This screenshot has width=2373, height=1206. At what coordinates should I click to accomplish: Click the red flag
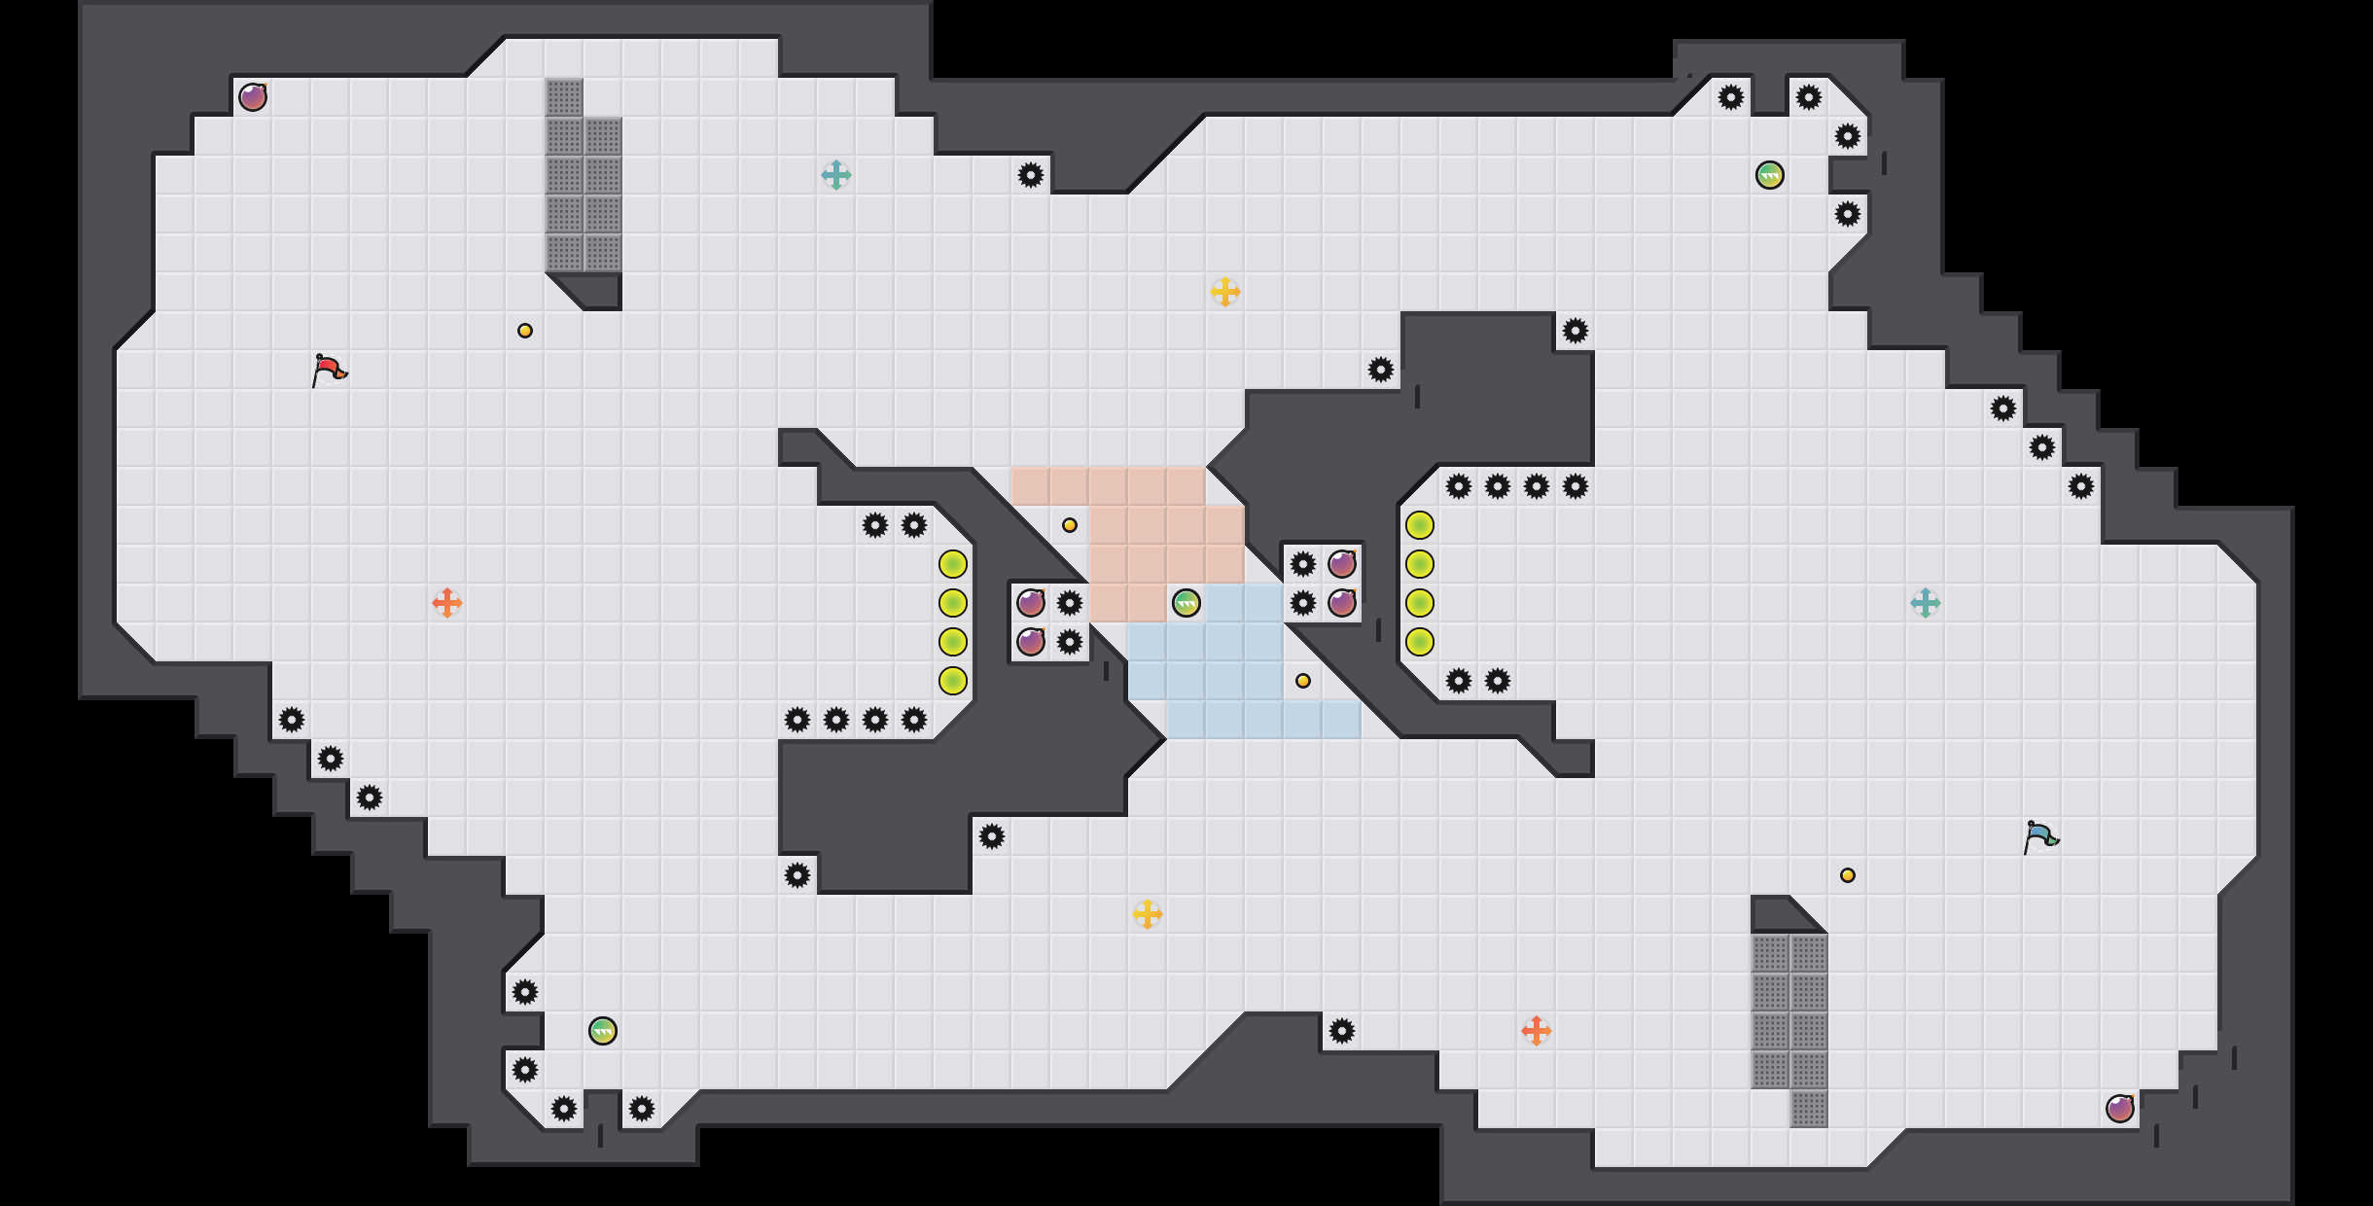(x=329, y=370)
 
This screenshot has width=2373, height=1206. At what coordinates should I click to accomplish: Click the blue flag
(x=2040, y=836)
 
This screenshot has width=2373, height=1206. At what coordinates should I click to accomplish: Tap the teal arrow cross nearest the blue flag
(x=1926, y=603)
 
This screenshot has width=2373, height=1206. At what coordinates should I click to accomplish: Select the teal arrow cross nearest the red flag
(x=836, y=175)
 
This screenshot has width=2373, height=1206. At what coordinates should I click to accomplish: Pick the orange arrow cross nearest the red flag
(x=447, y=603)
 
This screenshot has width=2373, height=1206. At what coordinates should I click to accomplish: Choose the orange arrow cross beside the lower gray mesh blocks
(x=1537, y=1031)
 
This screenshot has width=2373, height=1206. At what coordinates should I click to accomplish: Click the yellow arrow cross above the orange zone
(x=1225, y=292)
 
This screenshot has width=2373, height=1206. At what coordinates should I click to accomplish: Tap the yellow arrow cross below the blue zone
(x=1148, y=914)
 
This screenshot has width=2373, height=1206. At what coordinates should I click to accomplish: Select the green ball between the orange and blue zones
(x=1186, y=603)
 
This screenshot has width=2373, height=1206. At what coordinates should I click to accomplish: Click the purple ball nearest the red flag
(x=253, y=97)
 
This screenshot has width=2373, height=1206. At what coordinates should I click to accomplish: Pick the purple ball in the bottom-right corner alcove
(x=2120, y=1109)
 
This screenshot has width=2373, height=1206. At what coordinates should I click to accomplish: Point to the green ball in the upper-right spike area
(x=1770, y=175)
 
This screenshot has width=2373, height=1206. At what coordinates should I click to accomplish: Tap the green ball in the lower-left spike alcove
(x=603, y=1031)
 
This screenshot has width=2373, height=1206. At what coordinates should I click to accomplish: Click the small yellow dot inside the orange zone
(x=1070, y=525)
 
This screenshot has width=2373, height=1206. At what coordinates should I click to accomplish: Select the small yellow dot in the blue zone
(x=1303, y=681)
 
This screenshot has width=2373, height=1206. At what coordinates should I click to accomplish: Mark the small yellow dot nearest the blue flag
(x=1848, y=875)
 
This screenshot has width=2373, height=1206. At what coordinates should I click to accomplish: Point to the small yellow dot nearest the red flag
(x=525, y=331)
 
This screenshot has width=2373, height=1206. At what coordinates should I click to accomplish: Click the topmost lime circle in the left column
(x=953, y=564)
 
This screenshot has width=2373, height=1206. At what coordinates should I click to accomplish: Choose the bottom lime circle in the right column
(x=1420, y=642)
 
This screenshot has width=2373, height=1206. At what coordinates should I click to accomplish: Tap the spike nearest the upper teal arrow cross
(x=1031, y=175)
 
